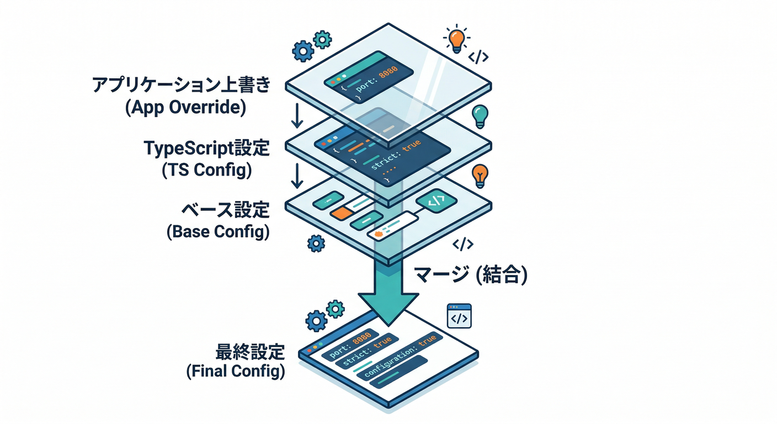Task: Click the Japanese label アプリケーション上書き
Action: tap(182, 86)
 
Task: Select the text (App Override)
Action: tap(185, 107)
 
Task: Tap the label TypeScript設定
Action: tap(206, 149)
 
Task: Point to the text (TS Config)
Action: tap(207, 170)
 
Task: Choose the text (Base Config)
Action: tap(218, 232)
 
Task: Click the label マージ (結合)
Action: tap(470, 274)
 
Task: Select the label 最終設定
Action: tap(249, 351)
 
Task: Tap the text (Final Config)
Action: tap(236, 372)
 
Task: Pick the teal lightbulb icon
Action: tap(480, 116)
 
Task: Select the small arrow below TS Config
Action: tap(297, 175)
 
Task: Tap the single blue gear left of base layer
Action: tap(315, 242)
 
